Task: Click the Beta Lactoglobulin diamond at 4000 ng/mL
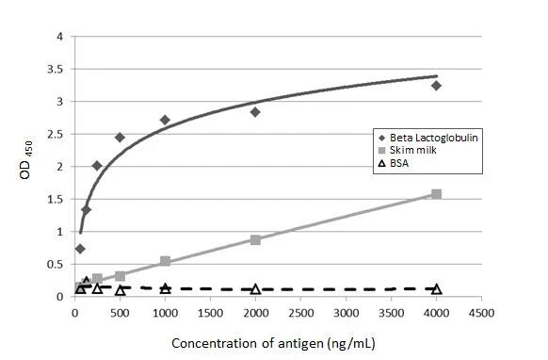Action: (x=436, y=86)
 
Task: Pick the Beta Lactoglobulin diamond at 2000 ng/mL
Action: (x=255, y=112)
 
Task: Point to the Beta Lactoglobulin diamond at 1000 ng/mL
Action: (x=165, y=120)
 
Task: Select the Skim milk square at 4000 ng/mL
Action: (x=436, y=194)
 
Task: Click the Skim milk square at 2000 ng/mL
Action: (x=255, y=239)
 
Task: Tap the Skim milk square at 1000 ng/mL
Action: (x=165, y=261)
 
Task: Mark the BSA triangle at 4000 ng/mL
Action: (x=436, y=289)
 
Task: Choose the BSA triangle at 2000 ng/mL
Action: (x=255, y=289)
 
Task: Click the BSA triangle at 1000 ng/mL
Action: (x=165, y=288)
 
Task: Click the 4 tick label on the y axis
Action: (x=62, y=37)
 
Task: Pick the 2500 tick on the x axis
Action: (x=300, y=311)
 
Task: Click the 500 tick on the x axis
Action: (x=120, y=311)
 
